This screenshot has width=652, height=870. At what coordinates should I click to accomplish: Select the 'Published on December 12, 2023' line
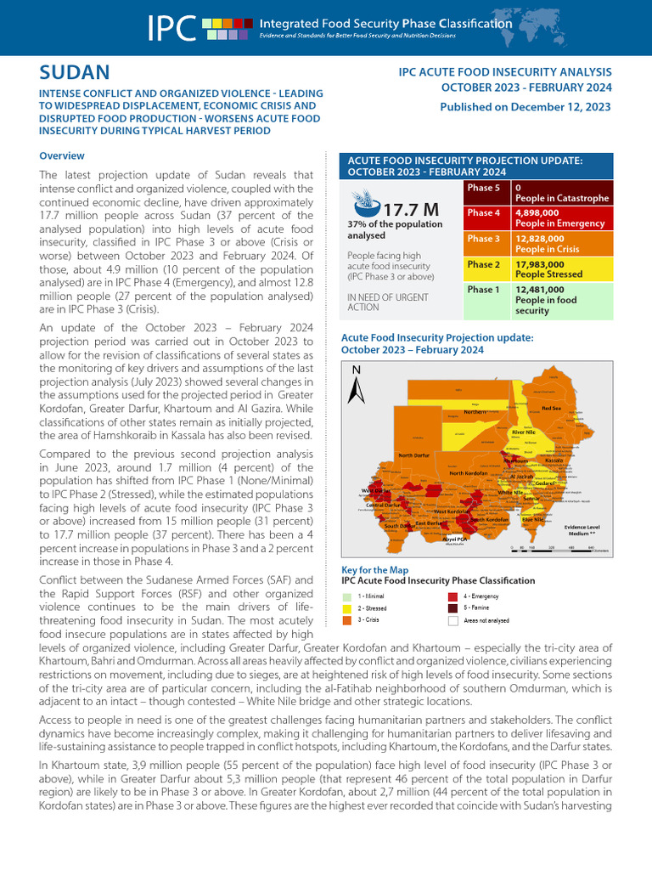pos(525,107)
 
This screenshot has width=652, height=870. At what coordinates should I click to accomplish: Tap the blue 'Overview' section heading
pos(62,155)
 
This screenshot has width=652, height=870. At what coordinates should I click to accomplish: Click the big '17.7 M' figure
pos(410,209)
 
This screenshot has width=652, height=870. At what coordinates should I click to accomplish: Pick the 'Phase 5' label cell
pos(484,187)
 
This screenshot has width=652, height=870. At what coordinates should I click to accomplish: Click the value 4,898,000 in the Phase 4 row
pos(537,212)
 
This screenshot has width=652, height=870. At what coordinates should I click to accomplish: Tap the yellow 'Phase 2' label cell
pos(484,264)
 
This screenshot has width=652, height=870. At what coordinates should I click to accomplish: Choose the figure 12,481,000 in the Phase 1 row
pos(537,290)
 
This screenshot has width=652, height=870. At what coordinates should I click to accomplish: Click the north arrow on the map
pos(357,385)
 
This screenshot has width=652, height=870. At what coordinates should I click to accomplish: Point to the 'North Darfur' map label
pos(416,456)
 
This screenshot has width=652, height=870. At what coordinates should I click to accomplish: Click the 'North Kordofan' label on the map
pos(467,473)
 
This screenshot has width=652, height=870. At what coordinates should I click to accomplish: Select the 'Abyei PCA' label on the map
pos(455,539)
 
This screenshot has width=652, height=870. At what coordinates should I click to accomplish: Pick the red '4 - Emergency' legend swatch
pos(452,596)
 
